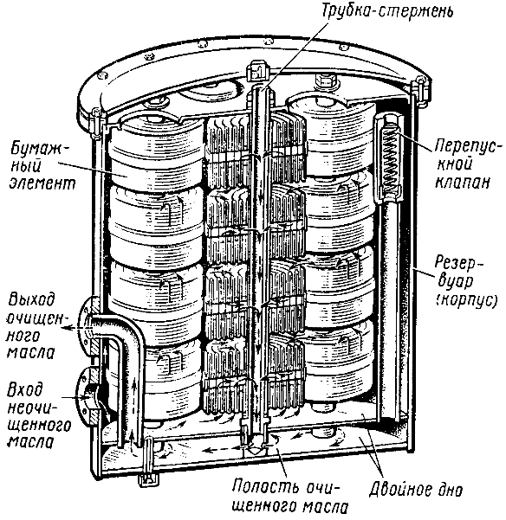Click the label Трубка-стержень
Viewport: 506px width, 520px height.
pos(387,10)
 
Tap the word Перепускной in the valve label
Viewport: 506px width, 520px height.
pos(465,154)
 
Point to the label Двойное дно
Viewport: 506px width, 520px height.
pos(416,489)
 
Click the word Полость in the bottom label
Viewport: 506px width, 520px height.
pos(262,487)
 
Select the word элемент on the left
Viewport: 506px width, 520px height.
pos(42,183)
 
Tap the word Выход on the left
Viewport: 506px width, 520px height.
pos(30,300)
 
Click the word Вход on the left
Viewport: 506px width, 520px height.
pos(25,388)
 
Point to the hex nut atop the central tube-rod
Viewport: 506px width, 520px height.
pos(257,69)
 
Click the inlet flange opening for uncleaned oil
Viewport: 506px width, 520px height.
pos(91,397)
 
